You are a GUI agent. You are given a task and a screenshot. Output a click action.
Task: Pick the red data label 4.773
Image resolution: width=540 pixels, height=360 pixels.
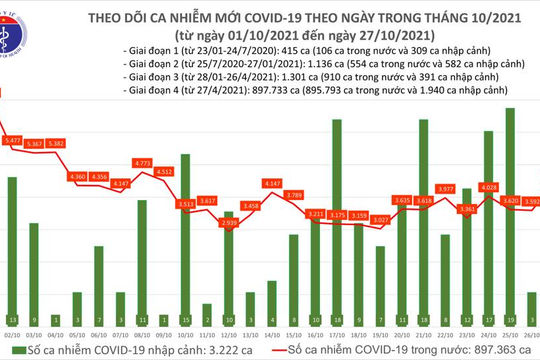pyautogui.click(x=142, y=162)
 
